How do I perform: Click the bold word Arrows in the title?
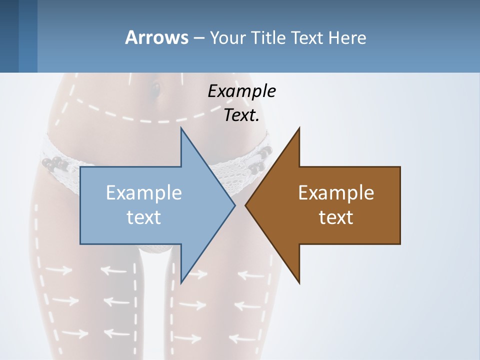click(x=156, y=37)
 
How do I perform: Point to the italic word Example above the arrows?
click(x=241, y=91)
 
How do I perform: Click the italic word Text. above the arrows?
click(x=241, y=115)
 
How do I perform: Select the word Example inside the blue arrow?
click(x=144, y=193)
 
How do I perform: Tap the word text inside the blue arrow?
click(x=144, y=217)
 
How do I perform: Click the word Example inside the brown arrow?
click(x=336, y=193)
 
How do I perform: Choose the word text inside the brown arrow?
click(x=336, y=217)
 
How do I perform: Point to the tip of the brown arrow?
click(x=245, y=205)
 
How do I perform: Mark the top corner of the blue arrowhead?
click(x=181, y=128)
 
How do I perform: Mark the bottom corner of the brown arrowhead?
click(x=299, y=282)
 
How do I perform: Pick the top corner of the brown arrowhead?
click(x=299, y=128)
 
